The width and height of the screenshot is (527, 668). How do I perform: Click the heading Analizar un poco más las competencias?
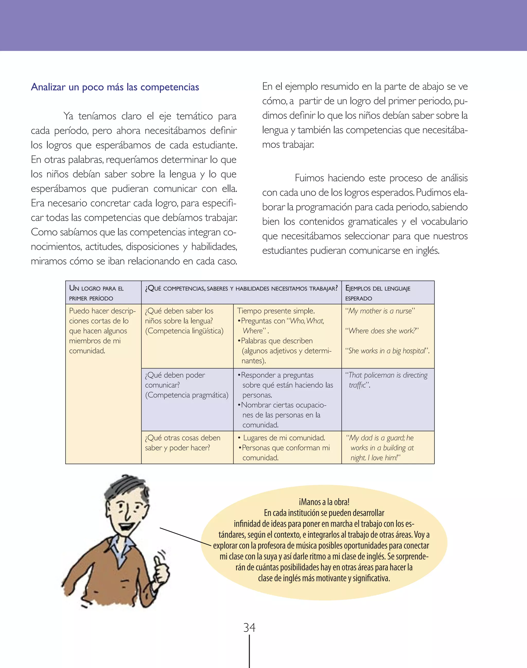point(115,87)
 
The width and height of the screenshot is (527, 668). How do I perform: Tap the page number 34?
point(249,628)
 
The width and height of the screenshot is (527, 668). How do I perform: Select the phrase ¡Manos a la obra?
point(324,502)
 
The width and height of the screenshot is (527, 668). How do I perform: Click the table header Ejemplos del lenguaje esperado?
point(378,293)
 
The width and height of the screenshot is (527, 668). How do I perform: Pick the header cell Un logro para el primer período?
point(96,293)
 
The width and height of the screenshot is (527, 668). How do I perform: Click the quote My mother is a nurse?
point(380,311)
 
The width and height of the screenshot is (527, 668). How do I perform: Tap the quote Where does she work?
point(382,331)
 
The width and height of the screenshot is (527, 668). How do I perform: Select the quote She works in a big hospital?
point(387,351)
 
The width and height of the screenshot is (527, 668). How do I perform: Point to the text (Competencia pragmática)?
point(187,395)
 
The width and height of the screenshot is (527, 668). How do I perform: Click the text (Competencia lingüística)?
point(184,331)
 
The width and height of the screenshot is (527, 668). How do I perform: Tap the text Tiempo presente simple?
point(276,311)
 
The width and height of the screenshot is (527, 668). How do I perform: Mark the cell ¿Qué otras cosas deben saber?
point(183,443)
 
